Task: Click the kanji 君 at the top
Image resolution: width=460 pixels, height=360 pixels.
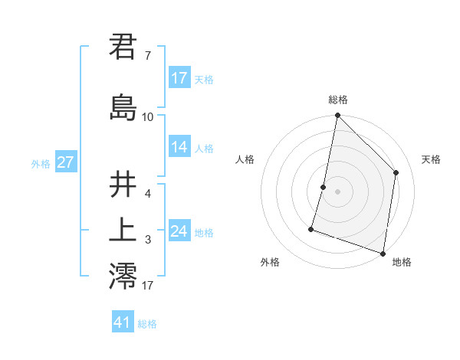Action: click(123, 47)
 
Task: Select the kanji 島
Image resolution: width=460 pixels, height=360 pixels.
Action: click(123, 106)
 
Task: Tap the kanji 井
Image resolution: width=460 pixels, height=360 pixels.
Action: click(123, 186)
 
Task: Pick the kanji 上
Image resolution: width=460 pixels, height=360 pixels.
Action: click(123, 231)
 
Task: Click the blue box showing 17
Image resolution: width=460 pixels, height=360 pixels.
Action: click(179, 78)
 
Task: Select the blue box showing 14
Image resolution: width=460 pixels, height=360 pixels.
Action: click(179, 147)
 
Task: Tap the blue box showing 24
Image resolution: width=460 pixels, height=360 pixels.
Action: click(179, 231)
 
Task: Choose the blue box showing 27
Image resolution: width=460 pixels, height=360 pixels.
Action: click(65, 162)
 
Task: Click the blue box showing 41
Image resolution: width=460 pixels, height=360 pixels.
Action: click(123, 322)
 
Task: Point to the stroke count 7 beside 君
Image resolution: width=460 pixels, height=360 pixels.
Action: click(147, 56)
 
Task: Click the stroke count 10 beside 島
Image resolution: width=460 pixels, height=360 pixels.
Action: click(147, 116)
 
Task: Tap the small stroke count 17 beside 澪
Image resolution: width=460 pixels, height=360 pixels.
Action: click(147, 286)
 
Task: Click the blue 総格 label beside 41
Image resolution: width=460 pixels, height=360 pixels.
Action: click(147, 324)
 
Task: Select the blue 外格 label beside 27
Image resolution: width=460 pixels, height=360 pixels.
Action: click(41, 163)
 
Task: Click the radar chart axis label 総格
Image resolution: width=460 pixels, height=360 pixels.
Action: click(338, 100)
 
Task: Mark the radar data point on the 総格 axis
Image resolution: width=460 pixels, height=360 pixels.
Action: click(337, 116)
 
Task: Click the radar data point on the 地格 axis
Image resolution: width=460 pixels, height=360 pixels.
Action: click(383, 253)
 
